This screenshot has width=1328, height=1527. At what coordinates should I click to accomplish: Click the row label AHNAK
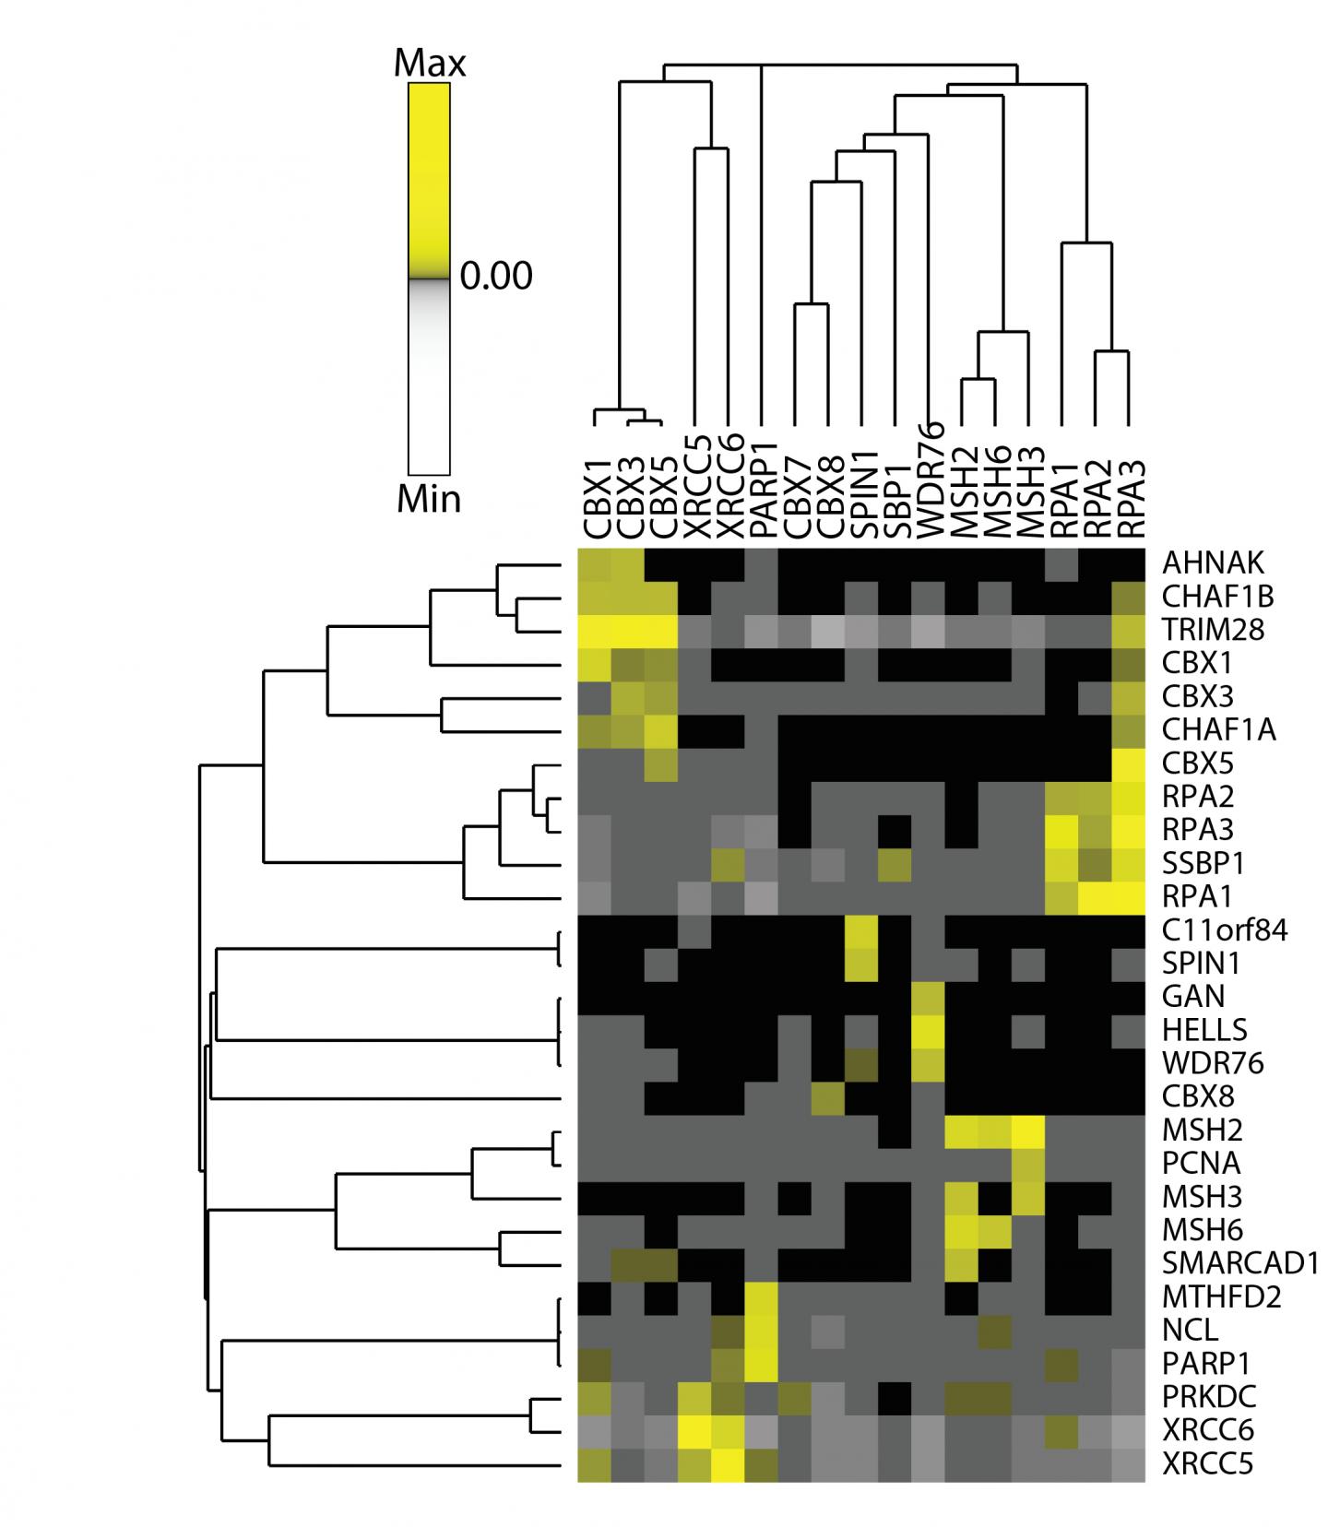click(1213, 562)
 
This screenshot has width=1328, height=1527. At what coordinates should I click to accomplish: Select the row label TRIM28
click(1213, 630)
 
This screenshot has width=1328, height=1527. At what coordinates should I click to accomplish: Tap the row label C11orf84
click(1226, 929)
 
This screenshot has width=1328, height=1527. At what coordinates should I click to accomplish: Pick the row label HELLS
click(1205, 1029)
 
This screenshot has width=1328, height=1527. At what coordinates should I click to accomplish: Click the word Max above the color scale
click(429, 64)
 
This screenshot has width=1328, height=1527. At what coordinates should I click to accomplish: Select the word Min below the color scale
click(429, 499)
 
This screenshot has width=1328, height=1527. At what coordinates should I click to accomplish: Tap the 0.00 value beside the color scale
click(496, 276)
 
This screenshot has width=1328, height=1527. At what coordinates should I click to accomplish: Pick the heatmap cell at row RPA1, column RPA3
click(1129, 896)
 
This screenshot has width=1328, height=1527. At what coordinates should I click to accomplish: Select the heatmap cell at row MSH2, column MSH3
click(1028, 1130)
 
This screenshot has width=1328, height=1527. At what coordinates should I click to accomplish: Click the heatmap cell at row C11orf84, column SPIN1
click(861, 929)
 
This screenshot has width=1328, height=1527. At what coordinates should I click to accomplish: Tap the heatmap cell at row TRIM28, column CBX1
click(595, 630)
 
